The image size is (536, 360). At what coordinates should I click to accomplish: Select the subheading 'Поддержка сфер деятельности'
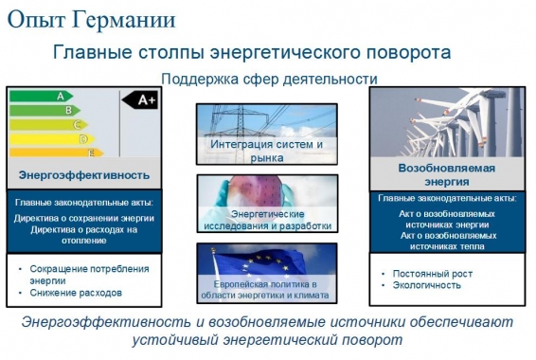[269, 79]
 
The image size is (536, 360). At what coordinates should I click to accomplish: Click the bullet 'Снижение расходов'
[76, 293]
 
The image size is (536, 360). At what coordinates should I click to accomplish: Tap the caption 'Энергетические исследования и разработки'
[266, 219]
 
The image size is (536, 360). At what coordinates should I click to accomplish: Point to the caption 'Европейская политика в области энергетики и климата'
[266, 290]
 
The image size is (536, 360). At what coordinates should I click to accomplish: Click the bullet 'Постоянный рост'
[422, 273]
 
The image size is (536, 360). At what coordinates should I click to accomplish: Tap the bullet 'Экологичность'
[417, 286]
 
